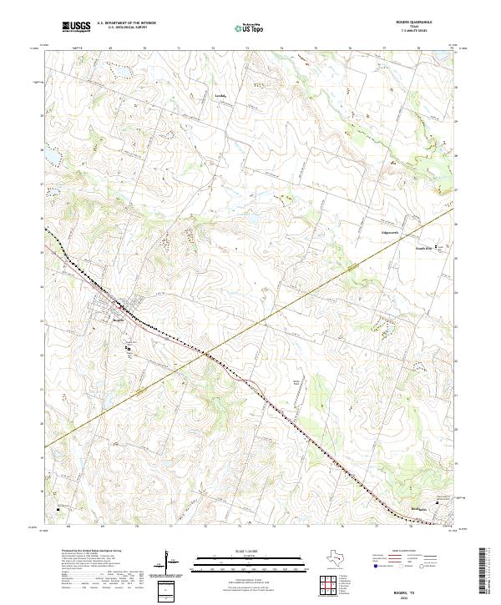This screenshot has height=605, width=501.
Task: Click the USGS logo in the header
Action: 76,27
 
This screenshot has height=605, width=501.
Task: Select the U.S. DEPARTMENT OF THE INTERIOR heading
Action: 127,23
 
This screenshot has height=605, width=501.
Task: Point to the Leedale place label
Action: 221,95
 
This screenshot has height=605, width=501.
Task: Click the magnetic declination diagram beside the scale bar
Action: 172,562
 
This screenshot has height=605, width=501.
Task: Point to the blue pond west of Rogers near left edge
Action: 49,156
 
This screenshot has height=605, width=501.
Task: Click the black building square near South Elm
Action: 443,246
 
